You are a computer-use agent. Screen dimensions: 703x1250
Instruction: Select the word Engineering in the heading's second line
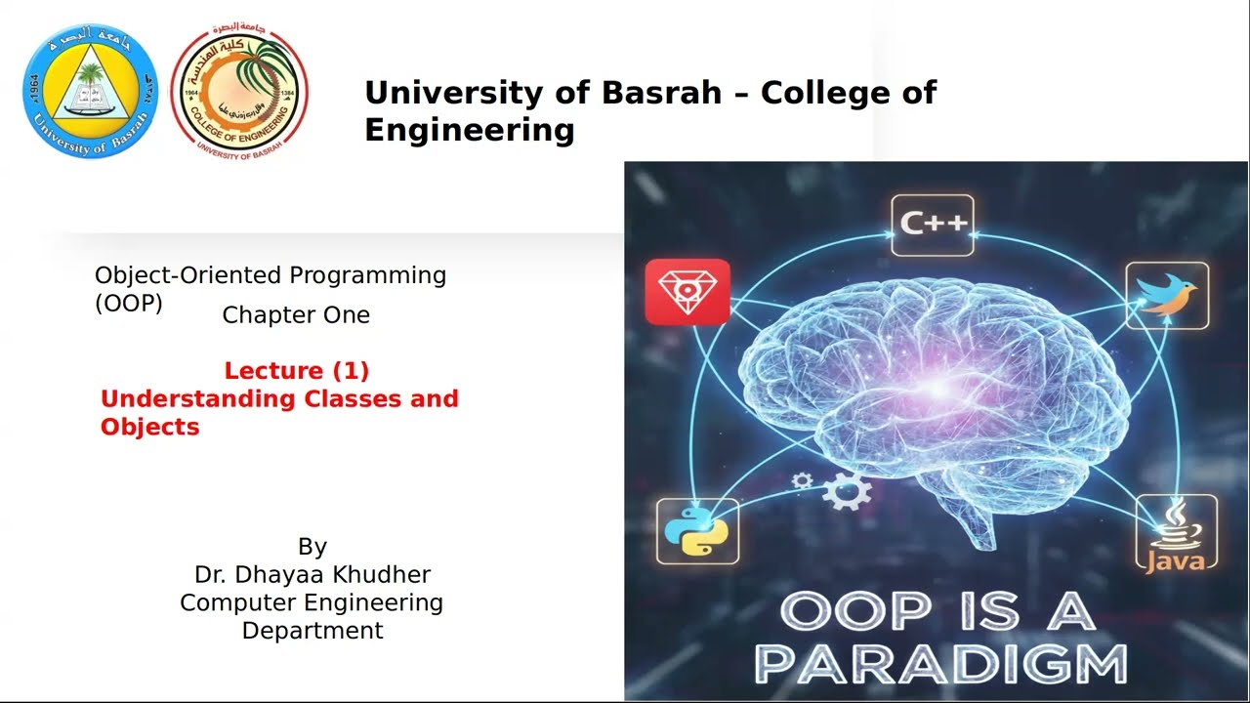tap(469, 129)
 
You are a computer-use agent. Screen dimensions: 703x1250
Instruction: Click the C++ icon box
tap(933, 224)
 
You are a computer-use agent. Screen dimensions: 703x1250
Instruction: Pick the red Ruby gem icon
tap(687, 291)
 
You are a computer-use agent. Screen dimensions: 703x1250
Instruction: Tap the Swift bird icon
tap(1167, 295)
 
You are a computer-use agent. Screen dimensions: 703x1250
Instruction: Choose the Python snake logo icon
tap(697, 531)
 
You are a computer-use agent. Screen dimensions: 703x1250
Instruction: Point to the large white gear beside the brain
tap(846, 490)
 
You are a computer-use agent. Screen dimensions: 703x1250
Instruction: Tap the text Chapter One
tap(296, 315)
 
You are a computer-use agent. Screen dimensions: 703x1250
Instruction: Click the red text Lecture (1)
tap(296, 371)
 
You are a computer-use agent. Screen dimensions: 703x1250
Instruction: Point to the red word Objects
tap(149, 428)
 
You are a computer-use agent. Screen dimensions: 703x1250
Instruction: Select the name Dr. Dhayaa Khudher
tap(312, 575)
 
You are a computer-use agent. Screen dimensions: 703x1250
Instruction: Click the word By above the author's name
tap(312, 547)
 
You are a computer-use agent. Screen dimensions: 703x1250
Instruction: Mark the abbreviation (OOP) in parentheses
tap(128, 304)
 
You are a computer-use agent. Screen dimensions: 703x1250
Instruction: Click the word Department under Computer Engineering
tap(312, 631)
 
